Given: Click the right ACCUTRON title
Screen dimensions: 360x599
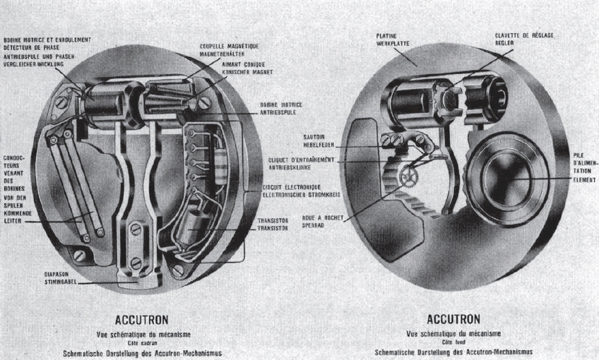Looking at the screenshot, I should point(453,320).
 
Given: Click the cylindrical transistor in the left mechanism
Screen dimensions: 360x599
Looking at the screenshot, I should point(191,231).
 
